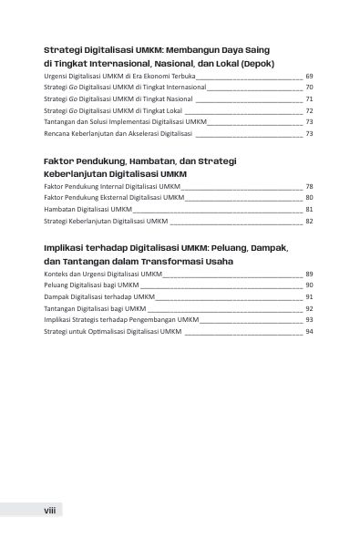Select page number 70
[x=310, y=88]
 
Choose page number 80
[x=310, y=197]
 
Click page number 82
[x=310, y=221]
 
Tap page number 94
[x=310, y=332]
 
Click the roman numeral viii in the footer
[x=51, y=513]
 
